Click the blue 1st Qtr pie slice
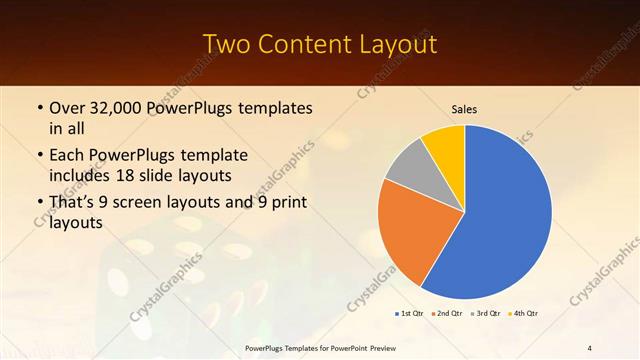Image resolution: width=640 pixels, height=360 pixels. coord(505,215)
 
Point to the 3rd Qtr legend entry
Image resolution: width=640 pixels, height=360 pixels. coord(486,314)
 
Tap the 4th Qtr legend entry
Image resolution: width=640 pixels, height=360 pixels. coord(523,314)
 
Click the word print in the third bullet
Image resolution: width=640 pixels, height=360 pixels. coord(288,204)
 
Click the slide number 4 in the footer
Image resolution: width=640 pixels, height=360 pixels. coord(590,347)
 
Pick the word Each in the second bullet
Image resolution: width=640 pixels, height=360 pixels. coord(67,156)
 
